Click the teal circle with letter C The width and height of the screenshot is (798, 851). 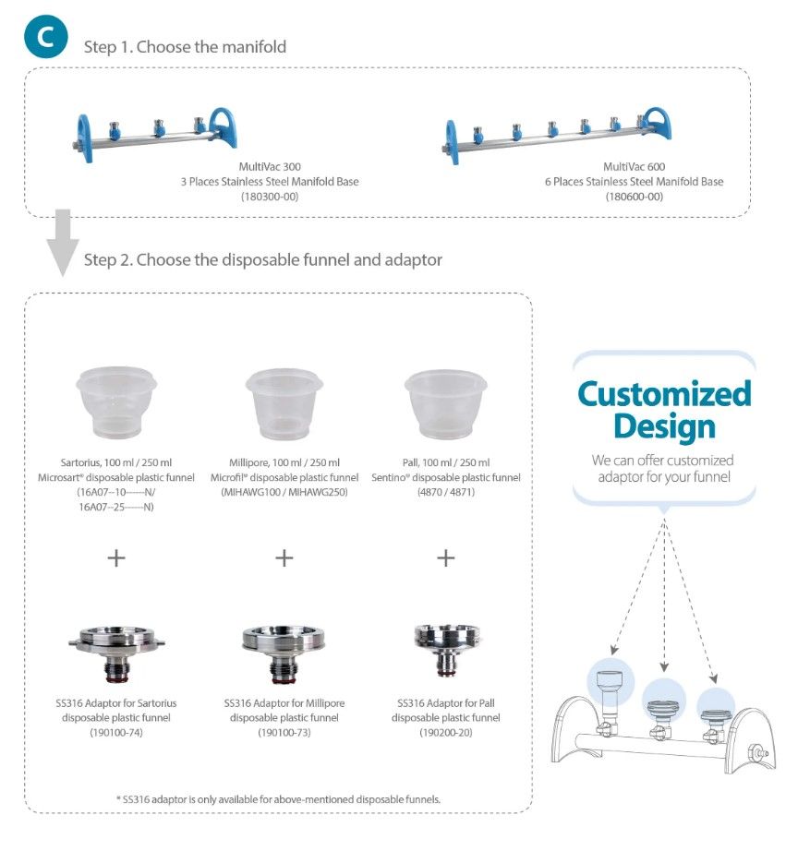45,38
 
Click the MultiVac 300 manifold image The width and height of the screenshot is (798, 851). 153,133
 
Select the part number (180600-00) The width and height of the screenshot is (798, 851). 634,198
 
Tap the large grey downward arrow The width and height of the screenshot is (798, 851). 63,243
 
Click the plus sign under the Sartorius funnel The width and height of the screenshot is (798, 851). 115,557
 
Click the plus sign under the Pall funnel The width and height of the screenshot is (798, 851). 446,557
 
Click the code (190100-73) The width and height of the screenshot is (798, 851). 284,733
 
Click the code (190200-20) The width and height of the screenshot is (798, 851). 445,733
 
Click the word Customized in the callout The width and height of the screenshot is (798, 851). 664,394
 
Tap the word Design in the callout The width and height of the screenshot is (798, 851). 664,426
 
